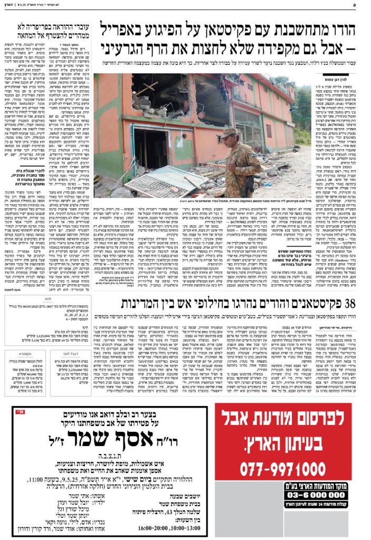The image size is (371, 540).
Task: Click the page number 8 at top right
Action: tap(364, 4)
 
